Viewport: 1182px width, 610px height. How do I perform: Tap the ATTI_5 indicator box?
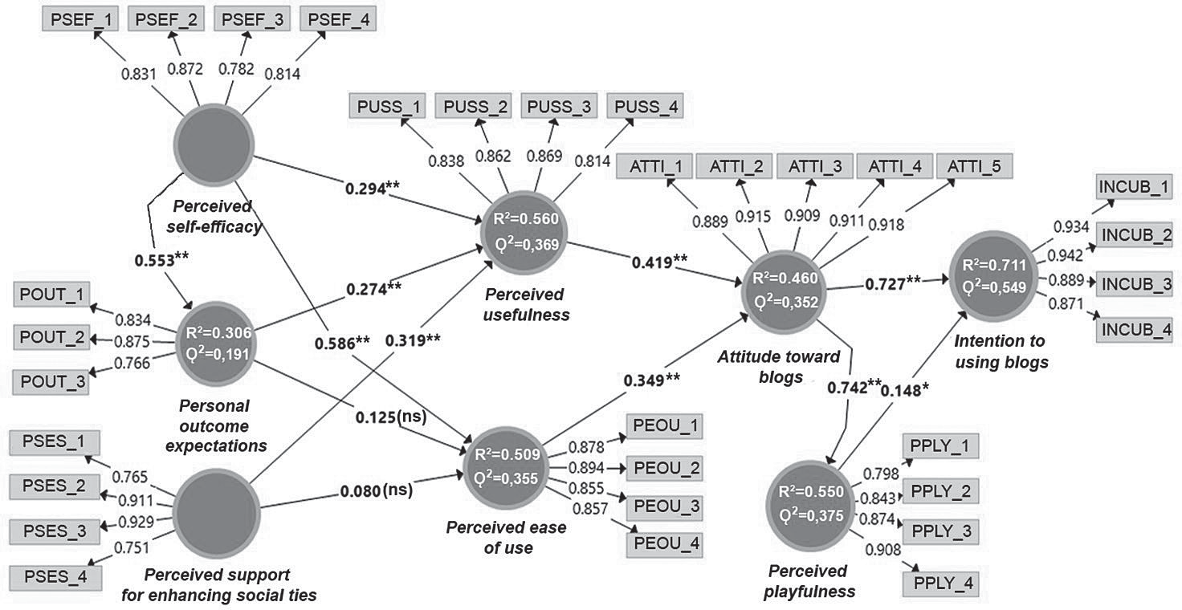click(x=974, y=167)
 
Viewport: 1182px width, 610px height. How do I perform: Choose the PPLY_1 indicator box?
click(x=940, y=446)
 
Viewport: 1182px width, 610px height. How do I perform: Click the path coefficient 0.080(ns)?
click(x=376, y=490)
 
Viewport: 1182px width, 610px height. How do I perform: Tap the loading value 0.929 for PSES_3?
click(x=135, y=522)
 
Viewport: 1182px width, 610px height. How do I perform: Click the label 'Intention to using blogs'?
click(x=1001, y=352)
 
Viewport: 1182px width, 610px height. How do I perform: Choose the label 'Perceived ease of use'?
click(x=506, y=538)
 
